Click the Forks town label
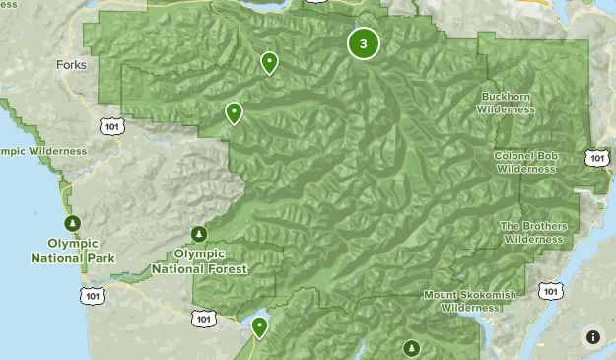coord(72,65)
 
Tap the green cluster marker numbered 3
coord(364,43)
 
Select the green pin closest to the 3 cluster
coord(269,64)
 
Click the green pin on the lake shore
coord(260,326)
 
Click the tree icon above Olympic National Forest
coord(199,233)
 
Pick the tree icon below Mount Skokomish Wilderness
coord(411,347)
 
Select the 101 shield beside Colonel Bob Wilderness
coord(595,158)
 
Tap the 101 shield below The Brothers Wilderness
coord(551,290)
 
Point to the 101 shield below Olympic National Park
coord(93,295)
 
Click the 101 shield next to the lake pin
coord(203,318)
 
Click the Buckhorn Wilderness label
coord(507,103)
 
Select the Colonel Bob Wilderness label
coord(525,162)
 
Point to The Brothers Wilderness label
coord(534,232)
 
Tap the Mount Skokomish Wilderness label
coord(469,301)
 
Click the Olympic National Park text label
coord(73,251)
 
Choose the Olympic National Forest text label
coord(200,260)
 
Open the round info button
coord(593,337)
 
